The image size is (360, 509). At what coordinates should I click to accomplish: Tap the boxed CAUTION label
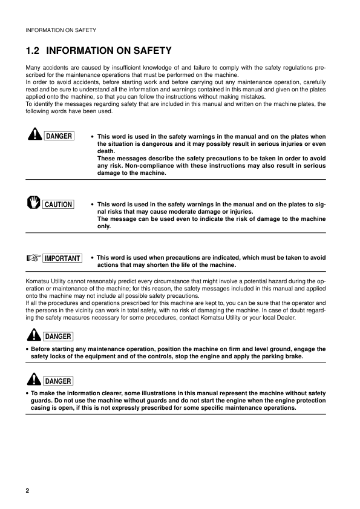(x=58, y=205)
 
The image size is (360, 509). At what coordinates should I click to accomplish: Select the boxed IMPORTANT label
(x=62, y=258)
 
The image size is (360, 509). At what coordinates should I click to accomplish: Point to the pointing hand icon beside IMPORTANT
(x=33, y=258)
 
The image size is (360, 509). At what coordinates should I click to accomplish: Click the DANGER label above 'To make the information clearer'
(x=58, y=381)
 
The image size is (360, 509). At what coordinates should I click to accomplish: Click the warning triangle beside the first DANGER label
(x=33, y=136)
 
